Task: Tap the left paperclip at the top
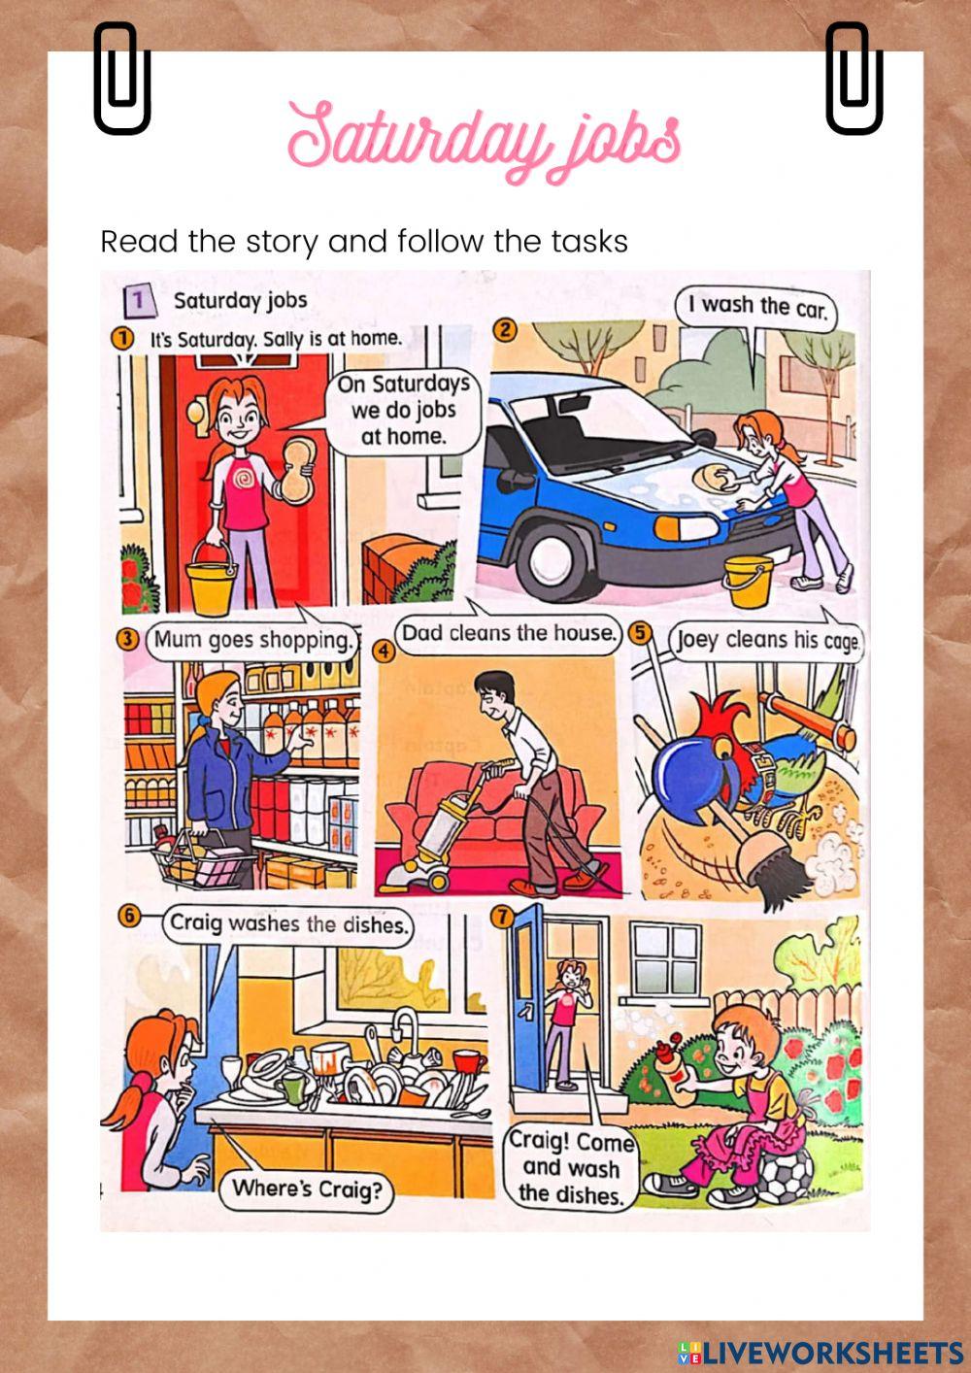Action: click(x=121, y=78)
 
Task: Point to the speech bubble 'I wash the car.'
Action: click(x=756, y=306)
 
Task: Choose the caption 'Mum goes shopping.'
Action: click(x=251, y=641)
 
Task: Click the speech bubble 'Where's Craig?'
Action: click(x=307, y=1189)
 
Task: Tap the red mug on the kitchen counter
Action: click(x=471, y=1062)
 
